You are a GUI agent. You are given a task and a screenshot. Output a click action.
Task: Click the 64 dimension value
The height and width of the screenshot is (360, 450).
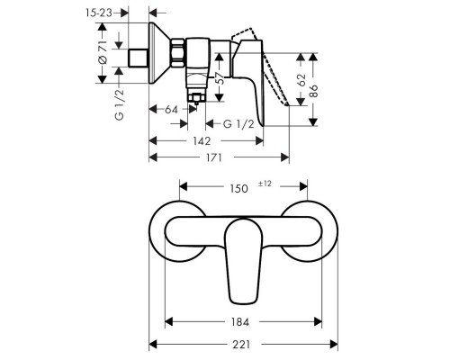(171, 110)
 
